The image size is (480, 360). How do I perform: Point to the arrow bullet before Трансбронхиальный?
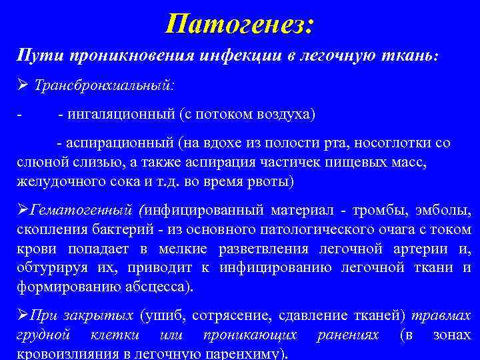(x=21, y=86)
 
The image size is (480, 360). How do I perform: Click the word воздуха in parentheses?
(x=283, y=114)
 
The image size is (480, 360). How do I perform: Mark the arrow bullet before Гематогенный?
(x=22, y=212)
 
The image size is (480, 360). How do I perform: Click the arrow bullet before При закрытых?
(x=22, y=316)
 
